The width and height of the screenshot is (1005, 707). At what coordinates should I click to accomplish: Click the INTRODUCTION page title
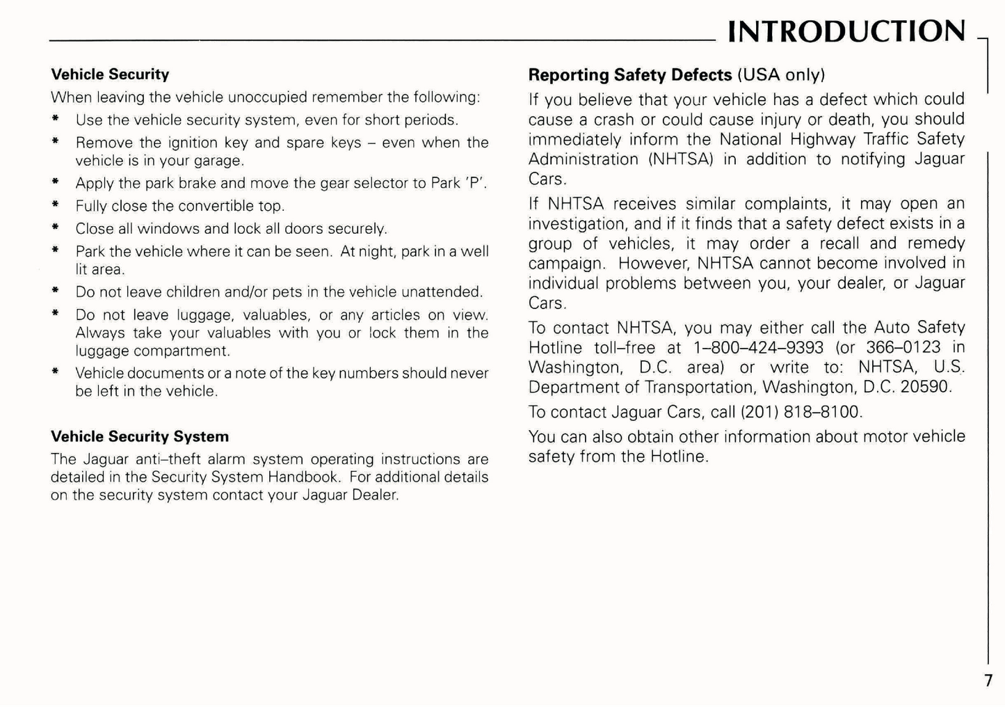click(846, 31)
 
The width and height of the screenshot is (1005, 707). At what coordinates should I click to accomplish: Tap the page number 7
click(988, 681)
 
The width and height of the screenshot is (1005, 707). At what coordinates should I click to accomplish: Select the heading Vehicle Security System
click(140, 436)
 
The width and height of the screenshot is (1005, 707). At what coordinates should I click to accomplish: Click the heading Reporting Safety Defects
click(630, 74)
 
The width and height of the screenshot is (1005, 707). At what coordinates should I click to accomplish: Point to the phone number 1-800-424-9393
click(758, 347)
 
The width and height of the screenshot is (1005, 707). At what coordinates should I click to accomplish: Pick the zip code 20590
click(925, 387)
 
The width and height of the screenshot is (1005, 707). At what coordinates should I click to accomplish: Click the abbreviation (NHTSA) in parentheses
click(681, 159)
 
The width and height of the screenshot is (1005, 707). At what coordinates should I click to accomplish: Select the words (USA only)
click(781, 74)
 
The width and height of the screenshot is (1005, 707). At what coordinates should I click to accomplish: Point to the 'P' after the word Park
click(476, 184)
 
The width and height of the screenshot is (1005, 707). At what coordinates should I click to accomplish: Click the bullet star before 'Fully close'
click(55, 206)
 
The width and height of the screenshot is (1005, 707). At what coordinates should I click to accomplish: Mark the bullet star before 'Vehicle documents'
click(55, 372)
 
